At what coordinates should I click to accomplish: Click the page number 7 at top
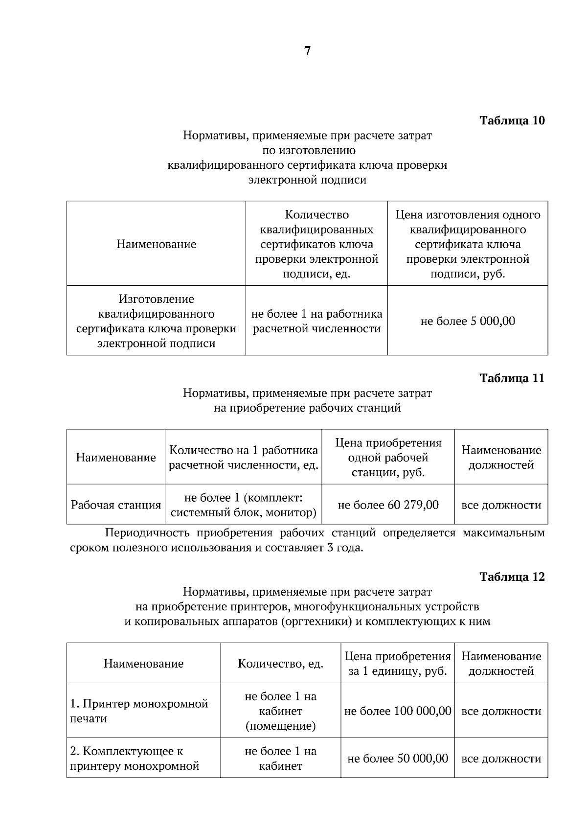tap(307, 51)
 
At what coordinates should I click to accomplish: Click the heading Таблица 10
tap(512, 120)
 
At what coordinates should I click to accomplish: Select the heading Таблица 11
tap(512, 378)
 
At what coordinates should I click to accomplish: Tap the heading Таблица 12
tap(512, 577)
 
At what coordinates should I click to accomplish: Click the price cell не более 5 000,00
tap(468, 321)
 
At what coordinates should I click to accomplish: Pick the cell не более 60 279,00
tap(388, 505)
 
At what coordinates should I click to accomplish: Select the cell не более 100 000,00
tap(398, 711)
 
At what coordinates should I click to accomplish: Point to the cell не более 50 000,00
tap(398, 758)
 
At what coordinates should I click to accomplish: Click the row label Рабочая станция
tap(116, 505)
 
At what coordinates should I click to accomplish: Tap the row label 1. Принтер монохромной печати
tap(139, 711)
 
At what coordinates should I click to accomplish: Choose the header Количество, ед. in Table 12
tap(280, 664)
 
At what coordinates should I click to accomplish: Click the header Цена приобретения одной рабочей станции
tap(388, 458)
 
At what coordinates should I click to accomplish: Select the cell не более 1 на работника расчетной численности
tap(316, 321)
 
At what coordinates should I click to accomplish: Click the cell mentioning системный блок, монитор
tap(243, 505)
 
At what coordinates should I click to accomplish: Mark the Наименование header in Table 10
tap(156, 244)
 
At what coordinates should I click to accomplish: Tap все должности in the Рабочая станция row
tap(501, 505)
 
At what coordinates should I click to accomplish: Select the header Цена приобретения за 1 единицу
tap(398, 664)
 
